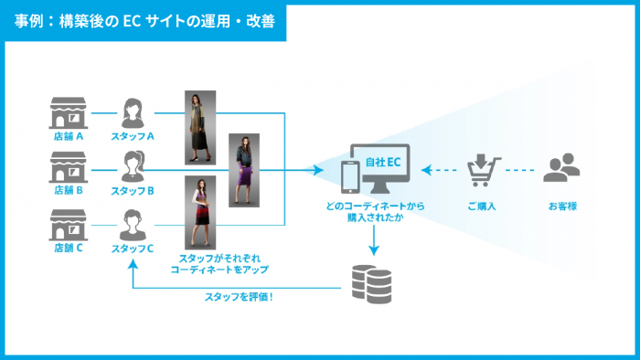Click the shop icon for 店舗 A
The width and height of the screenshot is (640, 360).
click(x=69, y=113)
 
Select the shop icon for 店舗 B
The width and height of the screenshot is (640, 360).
click(x=69, y=168)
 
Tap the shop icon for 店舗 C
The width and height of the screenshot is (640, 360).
click(x=69, y=224)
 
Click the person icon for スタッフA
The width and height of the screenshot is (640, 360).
click(x=132, y=113)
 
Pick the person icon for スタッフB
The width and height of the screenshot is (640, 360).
click(x=132, y=168)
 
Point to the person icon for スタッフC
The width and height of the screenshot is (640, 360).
click(x=132, y=224)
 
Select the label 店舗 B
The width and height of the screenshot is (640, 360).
click(x=69, y=191)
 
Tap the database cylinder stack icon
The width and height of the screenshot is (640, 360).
click(x=374, y=284)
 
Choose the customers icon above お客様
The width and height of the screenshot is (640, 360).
click(x=562, y=169)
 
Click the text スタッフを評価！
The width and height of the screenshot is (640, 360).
click(x=240, y=296)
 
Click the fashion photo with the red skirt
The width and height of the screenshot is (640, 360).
click(x=200, y=213)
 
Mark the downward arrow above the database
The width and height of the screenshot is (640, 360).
click(x=374, y=240)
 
